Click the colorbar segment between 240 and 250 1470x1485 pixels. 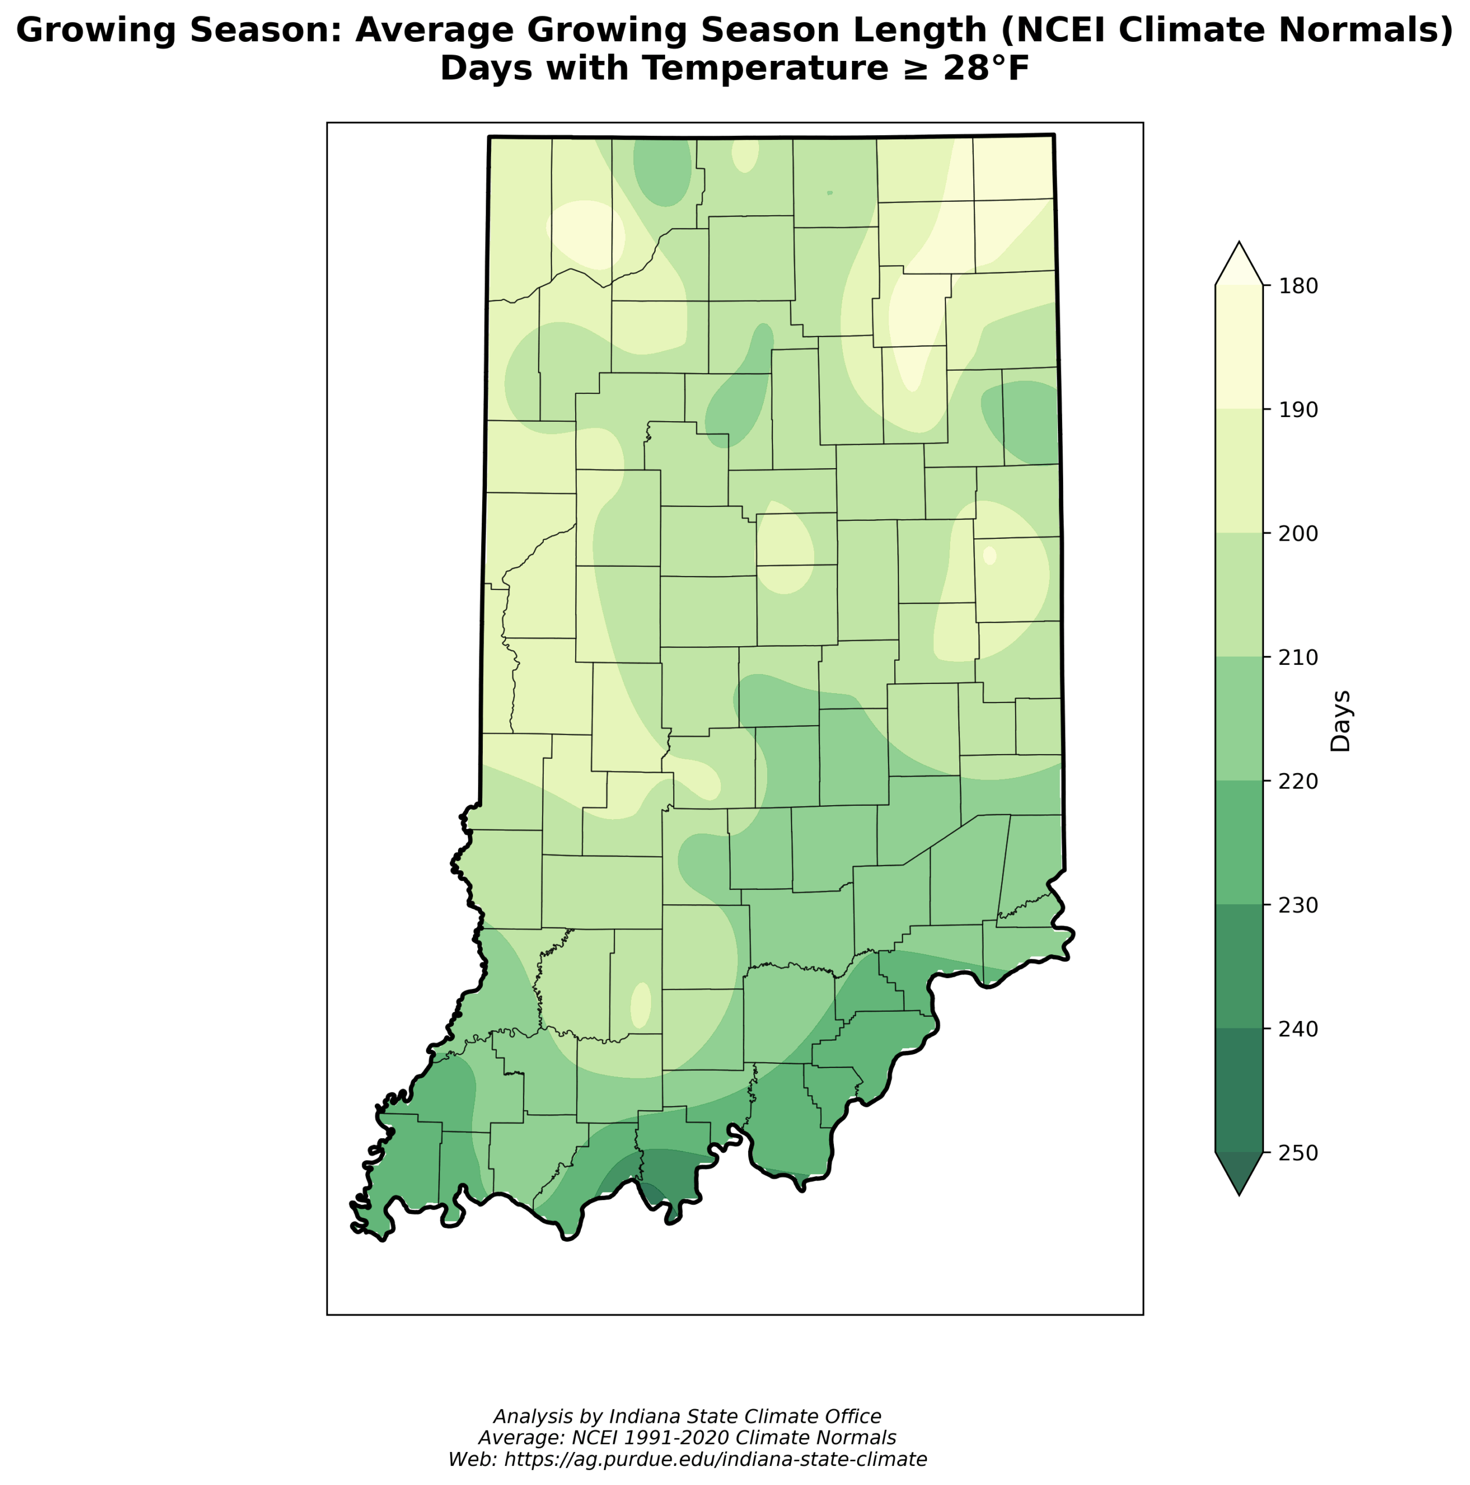pyautogui.click(x=1238, y=1090)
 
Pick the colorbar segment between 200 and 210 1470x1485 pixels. pyautogui.click(x=1238, y=595)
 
